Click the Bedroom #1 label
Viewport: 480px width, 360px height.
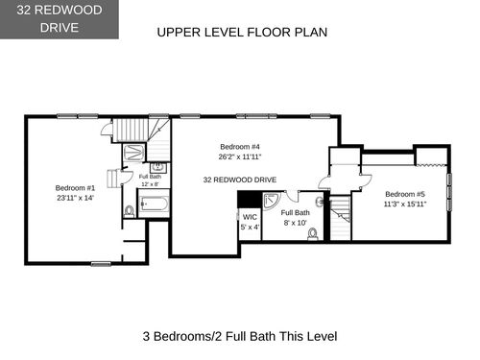coord(75,188)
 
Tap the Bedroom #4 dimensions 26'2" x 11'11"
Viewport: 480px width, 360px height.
coord(240,156)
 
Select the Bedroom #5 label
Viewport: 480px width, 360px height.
coord(405,194)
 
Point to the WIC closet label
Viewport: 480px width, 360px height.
coord(250,217)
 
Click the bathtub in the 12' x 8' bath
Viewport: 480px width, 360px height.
coord(154,204)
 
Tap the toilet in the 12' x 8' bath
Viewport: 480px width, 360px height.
coord(130,211)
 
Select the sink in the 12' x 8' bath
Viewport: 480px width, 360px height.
coord(157,167)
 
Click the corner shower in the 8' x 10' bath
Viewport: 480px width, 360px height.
coord(271,201)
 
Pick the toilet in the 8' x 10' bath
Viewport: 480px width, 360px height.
coord(313,234)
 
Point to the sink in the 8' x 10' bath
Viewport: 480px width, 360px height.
coord(320,202)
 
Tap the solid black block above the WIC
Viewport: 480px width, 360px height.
coord(250,200)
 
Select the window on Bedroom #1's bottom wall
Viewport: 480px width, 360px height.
coord(101,264)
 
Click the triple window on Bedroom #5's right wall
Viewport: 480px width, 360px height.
coord(449,192)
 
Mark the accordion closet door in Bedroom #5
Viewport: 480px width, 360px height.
coord(431,165)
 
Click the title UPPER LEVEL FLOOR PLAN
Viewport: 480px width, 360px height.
coord(242,33)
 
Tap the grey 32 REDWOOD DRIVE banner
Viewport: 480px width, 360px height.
coord(60,19)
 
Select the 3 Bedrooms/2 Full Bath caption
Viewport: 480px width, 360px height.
coord(240,336)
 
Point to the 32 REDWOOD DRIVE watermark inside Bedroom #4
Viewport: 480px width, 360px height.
coord(240,180)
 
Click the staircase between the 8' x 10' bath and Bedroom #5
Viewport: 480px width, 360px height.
coord(340,218)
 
